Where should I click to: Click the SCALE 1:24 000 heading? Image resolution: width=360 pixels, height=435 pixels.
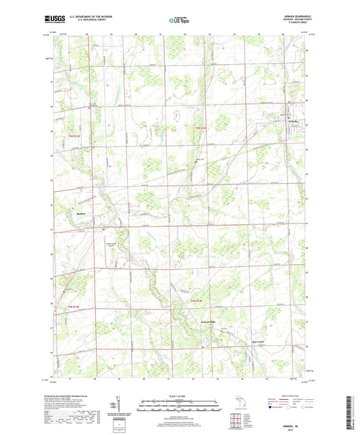click(x=179, y=396)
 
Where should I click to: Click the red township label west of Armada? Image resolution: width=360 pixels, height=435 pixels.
click(x=195, y=128)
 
